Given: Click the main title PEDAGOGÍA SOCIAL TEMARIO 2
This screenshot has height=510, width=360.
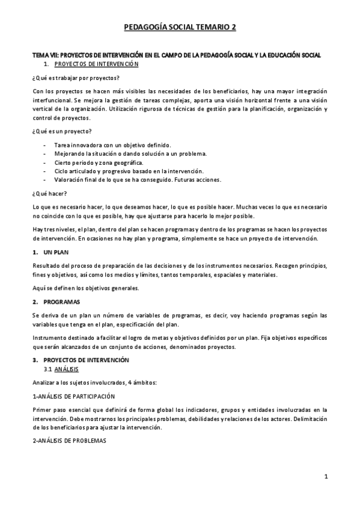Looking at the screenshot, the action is click(180, 27).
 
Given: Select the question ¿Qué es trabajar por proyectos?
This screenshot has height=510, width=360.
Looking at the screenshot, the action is click(75, 78).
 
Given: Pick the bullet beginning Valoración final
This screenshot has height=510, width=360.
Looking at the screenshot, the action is click(137, 180).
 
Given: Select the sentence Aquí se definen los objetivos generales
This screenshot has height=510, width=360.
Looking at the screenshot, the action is click(85, 287).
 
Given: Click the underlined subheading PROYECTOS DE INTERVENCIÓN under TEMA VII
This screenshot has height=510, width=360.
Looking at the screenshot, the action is click(96, 63).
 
